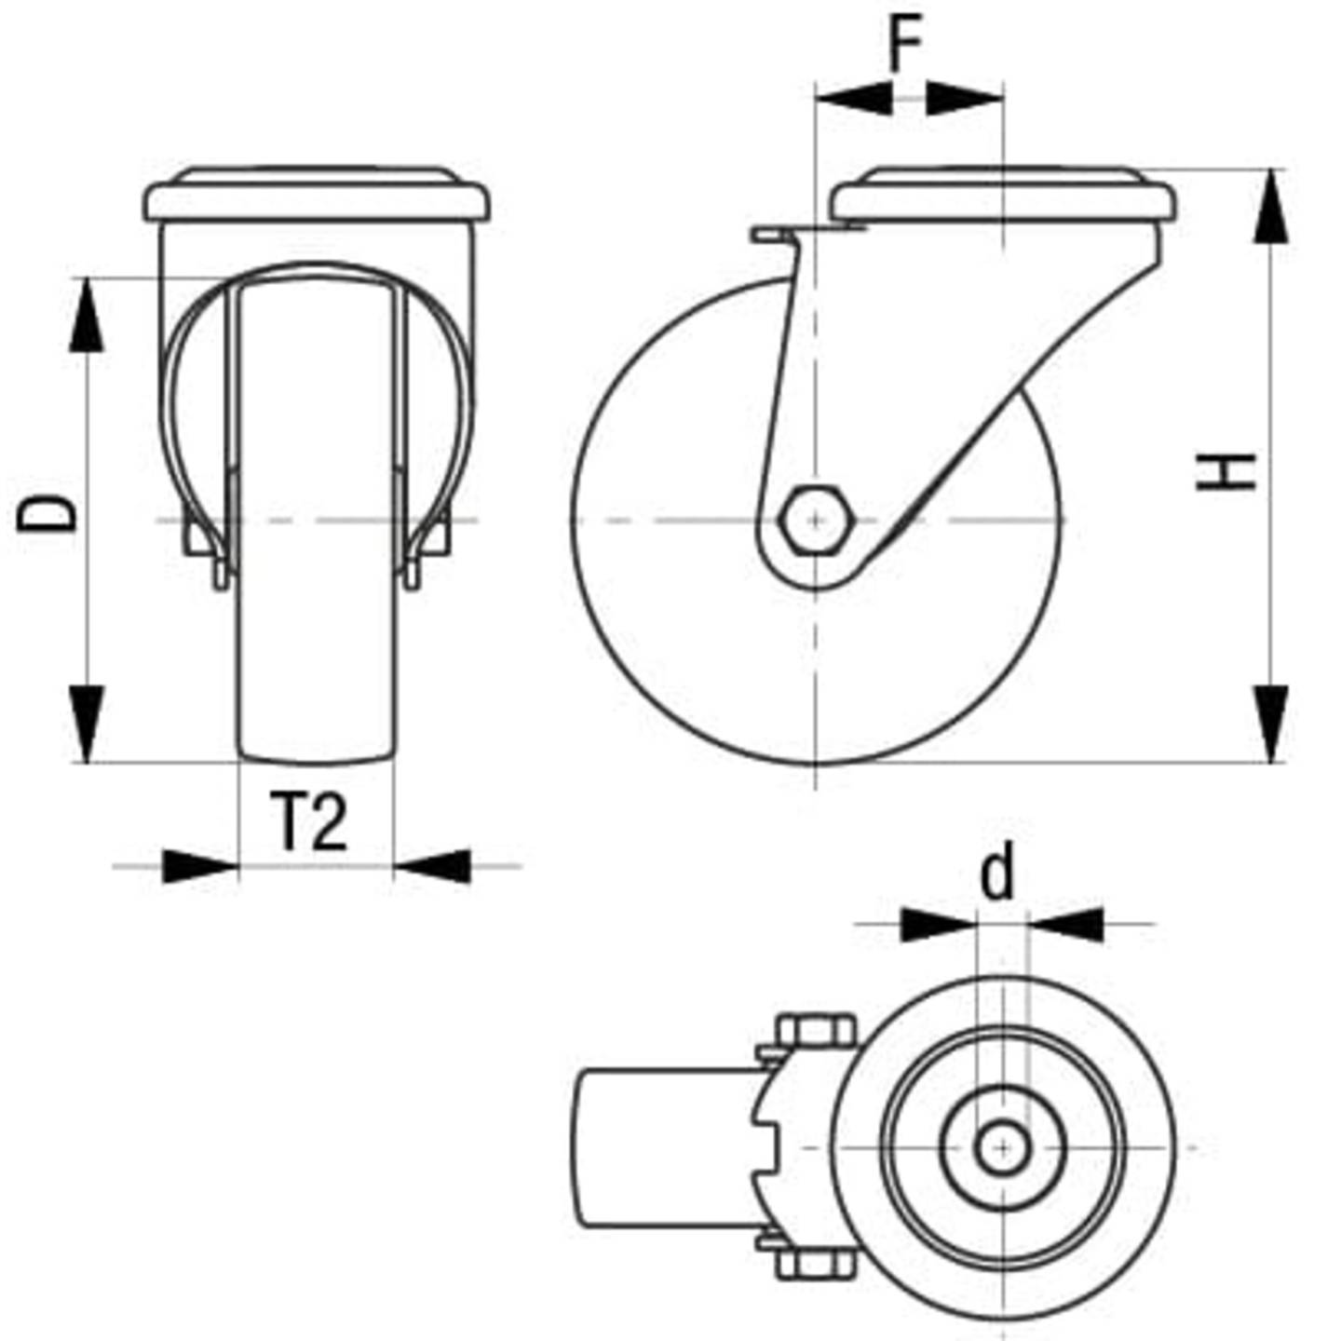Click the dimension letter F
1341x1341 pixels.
click(905, 44)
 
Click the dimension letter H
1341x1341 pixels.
click(1227, 472)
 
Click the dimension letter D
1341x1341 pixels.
click(47, 513)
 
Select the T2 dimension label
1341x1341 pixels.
click(310, 822)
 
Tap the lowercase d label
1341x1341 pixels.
click(997, 874)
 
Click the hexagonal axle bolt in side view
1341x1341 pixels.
click(815, 520)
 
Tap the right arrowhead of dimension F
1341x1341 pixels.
click(965, 97)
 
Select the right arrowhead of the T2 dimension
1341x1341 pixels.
click(432, 866)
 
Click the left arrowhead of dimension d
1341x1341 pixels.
click(936, 924)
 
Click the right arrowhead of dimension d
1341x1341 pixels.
click(1066, 924)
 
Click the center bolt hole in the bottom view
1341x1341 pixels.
click(1002, 1147)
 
